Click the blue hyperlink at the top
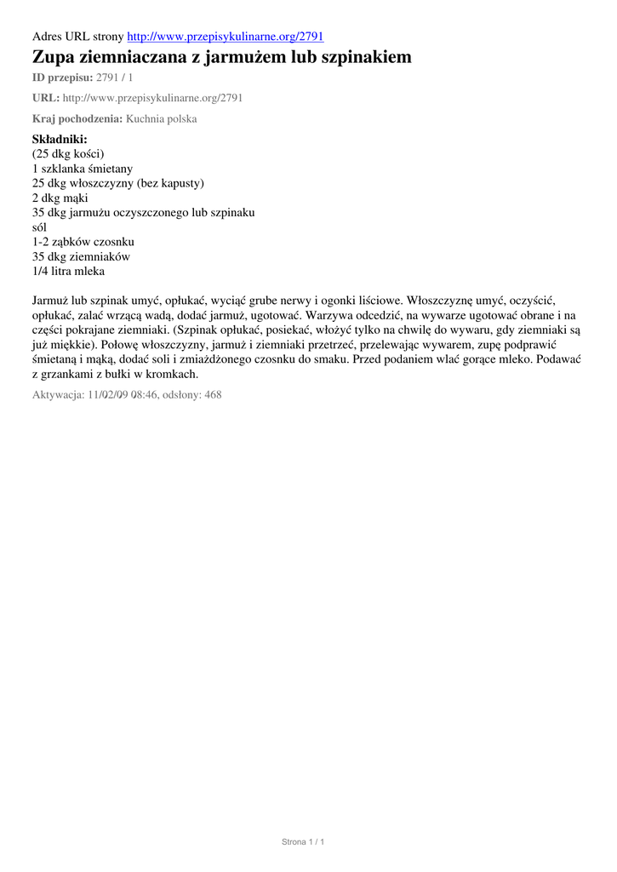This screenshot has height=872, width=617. (225, 37)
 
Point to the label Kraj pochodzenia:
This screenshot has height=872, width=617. (77, 119)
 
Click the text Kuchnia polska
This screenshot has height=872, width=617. (162, 119)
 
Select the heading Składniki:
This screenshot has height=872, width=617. (60, 139)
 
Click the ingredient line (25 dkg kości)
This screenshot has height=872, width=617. (68, 154)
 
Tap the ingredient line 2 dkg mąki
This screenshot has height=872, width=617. (66, 198)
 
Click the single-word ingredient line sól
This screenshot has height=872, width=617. (40, 227)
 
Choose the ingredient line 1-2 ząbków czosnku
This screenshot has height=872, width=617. (83, 242)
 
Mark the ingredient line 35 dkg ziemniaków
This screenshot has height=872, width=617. (81, 256)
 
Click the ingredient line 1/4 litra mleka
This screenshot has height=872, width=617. (69, 271)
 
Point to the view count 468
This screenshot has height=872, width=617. (213, 395)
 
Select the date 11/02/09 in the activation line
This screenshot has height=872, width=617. (108, 395)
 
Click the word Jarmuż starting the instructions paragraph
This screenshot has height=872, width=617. (50, 300)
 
